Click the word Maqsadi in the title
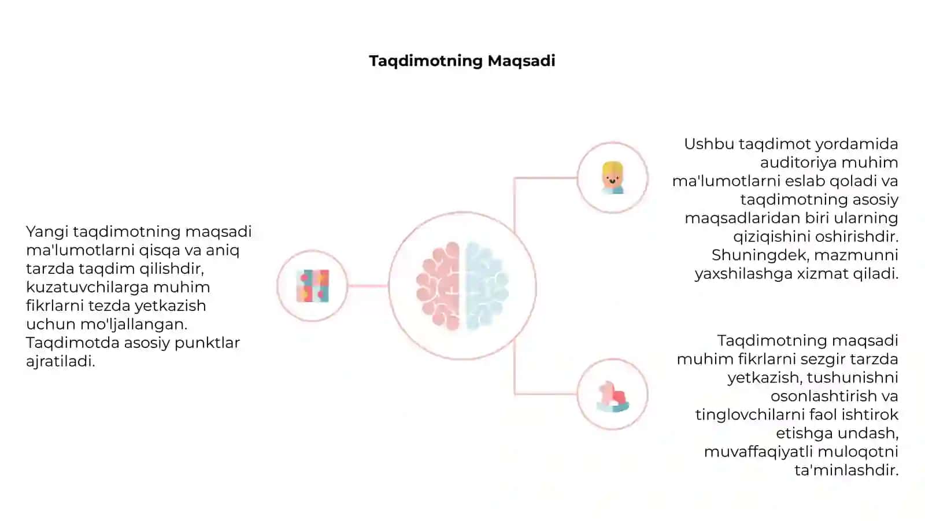tap(521, 61)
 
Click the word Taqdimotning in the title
tap(425, 61)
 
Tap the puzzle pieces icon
tap(313, 286)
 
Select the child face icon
tap(612, 178)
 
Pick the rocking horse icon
tap(612, 397)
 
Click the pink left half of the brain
tap(438, 286)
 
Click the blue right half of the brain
tap(487, 286)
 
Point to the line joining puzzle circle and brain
tap(368, 286)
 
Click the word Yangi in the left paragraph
tap(47, 232)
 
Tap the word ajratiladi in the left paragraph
tap(61, 361)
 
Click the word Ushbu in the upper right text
tap(709, 144)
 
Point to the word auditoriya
tap(798, 163)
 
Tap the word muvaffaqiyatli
tap(758, 452)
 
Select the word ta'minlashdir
tap(846, 470)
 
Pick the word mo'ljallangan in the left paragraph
tap(134, 324)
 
